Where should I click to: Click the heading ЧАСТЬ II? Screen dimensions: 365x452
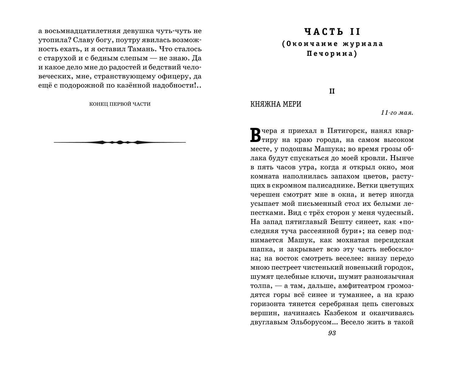click(332, 32)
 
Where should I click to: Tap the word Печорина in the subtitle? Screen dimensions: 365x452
click(332, 54)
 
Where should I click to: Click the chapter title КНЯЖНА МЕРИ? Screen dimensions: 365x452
click(276, 104)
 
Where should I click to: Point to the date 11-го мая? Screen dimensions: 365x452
click(397, 113)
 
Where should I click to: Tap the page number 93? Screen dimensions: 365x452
click(332, 333)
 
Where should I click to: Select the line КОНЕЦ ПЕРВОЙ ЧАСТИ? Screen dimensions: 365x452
click(120, 104)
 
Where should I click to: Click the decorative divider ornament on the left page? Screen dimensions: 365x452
click(120, 142)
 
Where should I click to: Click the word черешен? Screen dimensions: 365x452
click(263, 194)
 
